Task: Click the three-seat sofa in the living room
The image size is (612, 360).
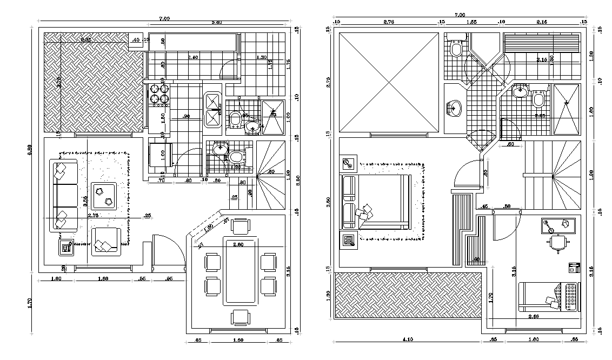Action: click(x=64, y=195)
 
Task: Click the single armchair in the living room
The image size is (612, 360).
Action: click(x=106, y=241)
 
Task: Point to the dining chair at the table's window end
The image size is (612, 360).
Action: click(x=240, y=317)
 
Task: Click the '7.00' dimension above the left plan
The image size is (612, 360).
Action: click(x=164, y=18)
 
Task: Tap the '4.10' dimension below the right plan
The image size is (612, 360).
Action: click(x=408, y=339)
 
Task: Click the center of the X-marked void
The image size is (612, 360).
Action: click(x=389, y=82)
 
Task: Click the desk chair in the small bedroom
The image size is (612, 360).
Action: click(x=557, y=244)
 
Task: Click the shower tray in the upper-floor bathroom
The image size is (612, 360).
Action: click(x=567, y=108)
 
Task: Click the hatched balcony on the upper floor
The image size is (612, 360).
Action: click(x=408, y=295)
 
